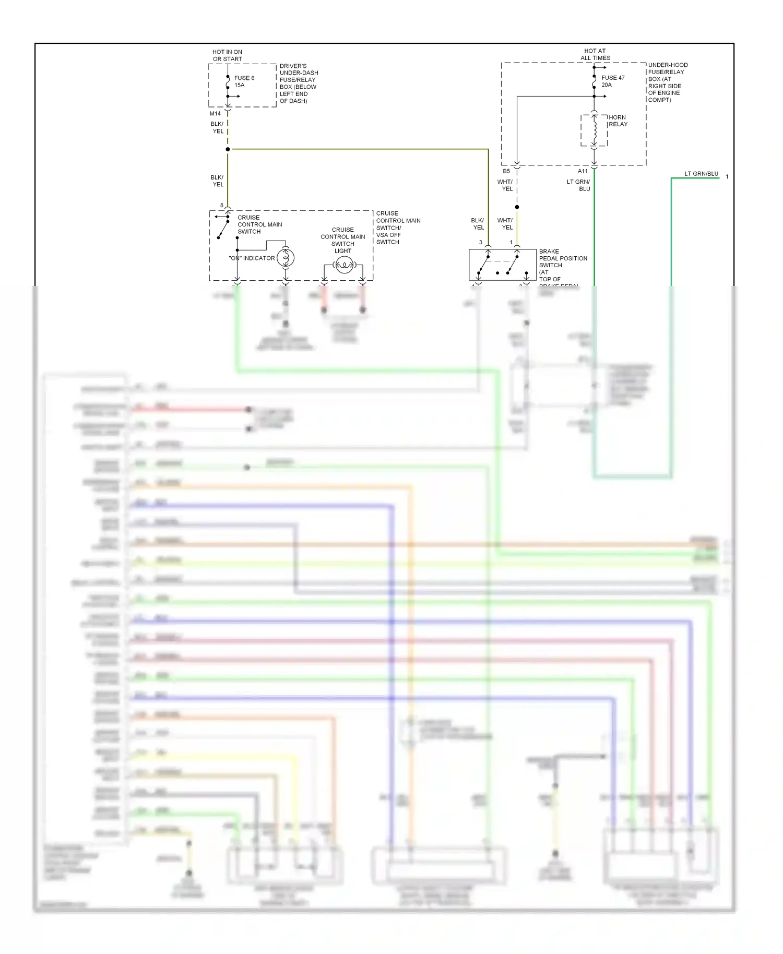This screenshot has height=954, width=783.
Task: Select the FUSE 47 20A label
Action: (612, 81)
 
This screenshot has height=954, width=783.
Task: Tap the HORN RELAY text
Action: (618, 121)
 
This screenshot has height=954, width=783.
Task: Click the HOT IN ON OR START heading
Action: (227, 55)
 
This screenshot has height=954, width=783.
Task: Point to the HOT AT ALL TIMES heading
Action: (595, 54)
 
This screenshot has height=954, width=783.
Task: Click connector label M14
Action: (215, 113)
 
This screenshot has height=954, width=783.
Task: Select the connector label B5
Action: (506, 171)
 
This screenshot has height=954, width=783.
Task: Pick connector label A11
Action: (583, 171)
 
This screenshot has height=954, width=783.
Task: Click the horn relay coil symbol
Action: (594, 130)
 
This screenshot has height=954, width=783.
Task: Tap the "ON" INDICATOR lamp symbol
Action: (286, 257)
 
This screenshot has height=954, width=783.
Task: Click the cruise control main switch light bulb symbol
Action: (344, 266)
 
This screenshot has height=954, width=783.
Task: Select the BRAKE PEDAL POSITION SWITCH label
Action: (563, 265)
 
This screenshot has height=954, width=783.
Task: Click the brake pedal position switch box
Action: (502, 265)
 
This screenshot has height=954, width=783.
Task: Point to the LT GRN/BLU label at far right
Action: (701, 174)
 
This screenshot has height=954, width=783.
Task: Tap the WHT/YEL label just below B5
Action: (505, 185)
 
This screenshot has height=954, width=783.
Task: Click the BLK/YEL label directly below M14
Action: (217, 127)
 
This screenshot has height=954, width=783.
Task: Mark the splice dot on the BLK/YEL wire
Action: (228, 149)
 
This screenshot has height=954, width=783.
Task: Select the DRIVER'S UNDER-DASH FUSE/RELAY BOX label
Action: (298, 84)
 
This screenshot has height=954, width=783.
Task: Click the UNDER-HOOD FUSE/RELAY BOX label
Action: (667, 82)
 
